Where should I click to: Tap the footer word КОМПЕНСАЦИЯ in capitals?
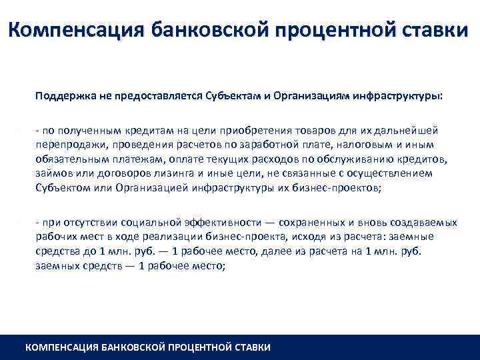point(60,347)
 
